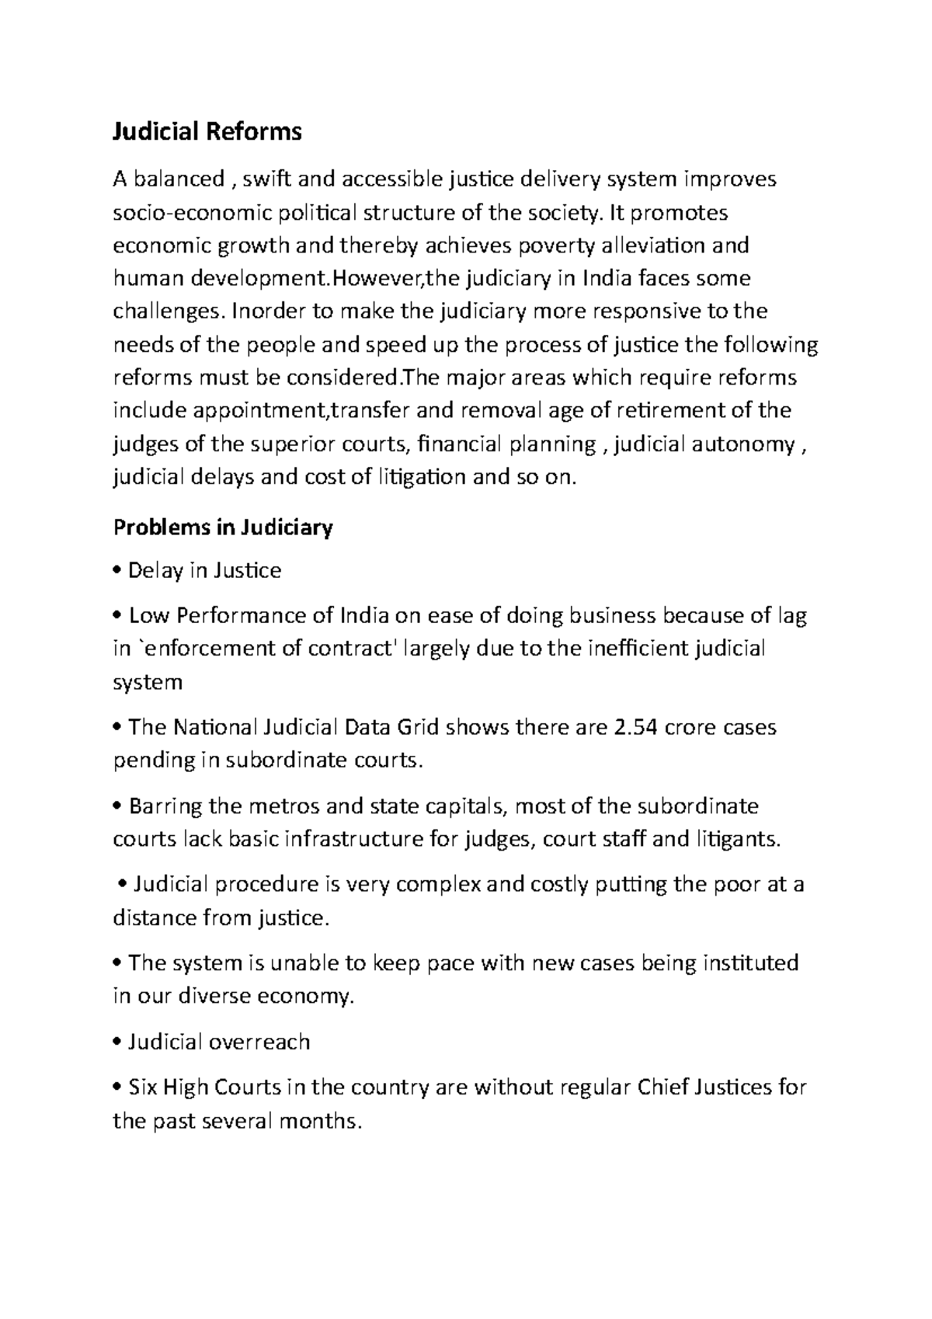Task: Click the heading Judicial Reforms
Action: coord(207,133)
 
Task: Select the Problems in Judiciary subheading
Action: coord(223,528)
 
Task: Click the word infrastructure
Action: coord(355,840)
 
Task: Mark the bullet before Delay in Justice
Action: coord(117,572)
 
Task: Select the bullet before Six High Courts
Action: coord(117,1088)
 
